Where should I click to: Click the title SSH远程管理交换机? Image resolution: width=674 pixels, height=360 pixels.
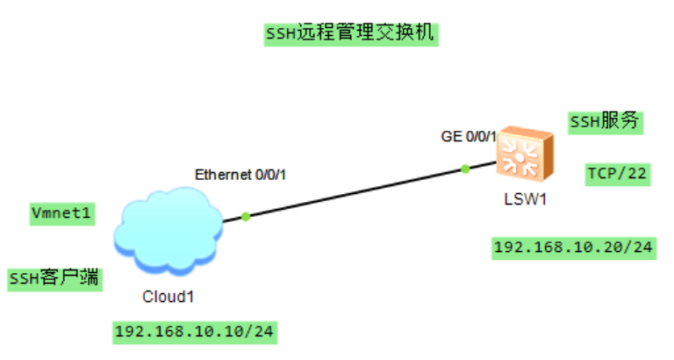point(350,34)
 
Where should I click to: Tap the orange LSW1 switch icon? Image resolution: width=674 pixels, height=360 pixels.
point(524,156)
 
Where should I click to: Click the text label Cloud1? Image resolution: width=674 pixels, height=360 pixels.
point(168,296)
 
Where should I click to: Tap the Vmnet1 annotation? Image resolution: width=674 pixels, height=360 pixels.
point(62,212)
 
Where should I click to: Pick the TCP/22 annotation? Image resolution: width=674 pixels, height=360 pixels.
point(617,174)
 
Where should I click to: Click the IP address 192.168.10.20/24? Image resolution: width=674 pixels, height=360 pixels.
point(573,248)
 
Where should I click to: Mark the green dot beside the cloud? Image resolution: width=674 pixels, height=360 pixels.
point(246,216)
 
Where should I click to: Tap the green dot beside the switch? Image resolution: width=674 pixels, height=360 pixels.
point(465,169)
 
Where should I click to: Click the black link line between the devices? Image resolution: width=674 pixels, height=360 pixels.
point(355,192)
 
